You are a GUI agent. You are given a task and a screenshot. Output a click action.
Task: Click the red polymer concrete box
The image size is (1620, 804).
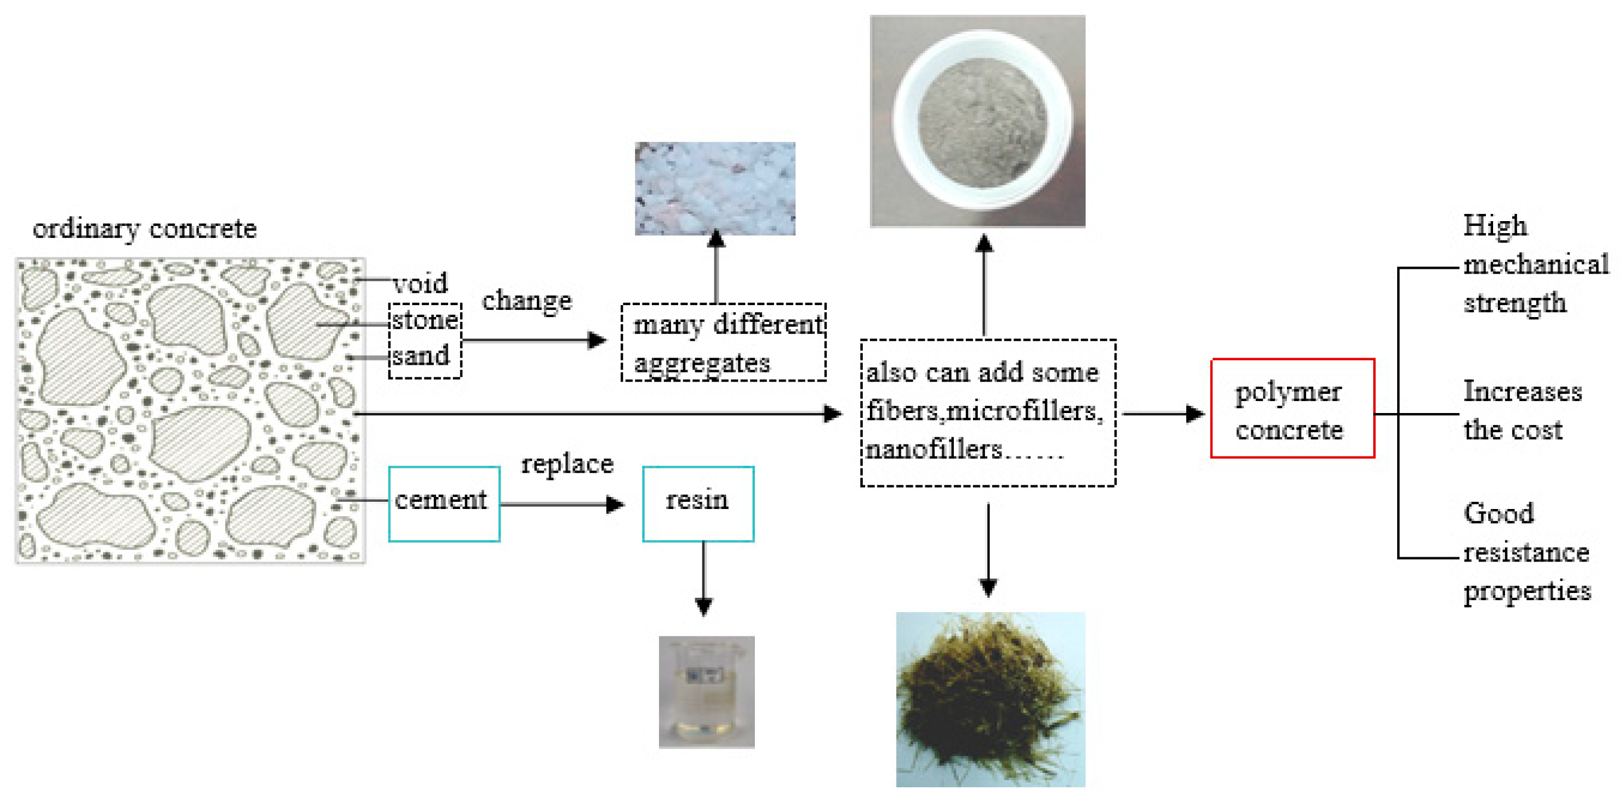(1292, 408)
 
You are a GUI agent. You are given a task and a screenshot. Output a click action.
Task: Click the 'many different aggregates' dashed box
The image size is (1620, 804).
(723, 342)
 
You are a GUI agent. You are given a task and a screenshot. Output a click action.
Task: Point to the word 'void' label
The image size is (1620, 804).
(420, 283)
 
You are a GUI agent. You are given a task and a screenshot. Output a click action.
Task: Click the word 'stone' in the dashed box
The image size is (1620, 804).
(424, 320)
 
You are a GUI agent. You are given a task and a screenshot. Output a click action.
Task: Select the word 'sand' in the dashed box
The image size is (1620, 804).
(421, 355)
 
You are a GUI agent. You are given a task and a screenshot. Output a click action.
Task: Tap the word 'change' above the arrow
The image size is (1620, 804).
(526, 301)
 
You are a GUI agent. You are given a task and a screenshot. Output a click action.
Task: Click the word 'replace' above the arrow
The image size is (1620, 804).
(567, 464)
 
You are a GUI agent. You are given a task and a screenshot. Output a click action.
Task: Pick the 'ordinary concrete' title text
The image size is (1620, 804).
(145, 228)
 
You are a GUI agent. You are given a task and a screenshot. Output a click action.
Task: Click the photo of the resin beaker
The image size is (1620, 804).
(706, 691)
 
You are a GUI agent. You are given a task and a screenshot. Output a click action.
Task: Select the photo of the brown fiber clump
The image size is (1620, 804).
(990, 700)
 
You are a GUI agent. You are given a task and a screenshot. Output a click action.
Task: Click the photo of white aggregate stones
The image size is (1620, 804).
(714, 188)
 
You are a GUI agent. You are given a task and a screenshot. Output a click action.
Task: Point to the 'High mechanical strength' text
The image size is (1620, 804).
(1534, 264)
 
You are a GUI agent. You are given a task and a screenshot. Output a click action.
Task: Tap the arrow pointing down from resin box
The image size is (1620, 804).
(703, 579)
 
